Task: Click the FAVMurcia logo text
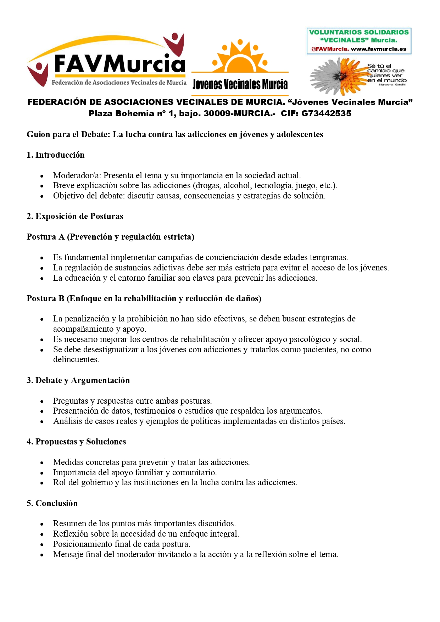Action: point(120,64)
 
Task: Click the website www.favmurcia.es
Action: point(379,49)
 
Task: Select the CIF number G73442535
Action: point(326,113)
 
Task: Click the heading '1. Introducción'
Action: point(56,155)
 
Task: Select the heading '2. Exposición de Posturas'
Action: point(75,216)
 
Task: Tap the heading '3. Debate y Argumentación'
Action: point(78,380)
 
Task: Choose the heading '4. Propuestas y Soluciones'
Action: point(76,442)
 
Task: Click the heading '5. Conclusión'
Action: point(52,503)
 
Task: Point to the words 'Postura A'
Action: point(45,237)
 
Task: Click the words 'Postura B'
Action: point(45,298)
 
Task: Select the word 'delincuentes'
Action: point(76,359)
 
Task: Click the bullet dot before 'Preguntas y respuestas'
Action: point(42,402)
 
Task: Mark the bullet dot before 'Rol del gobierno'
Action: point(42,483)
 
